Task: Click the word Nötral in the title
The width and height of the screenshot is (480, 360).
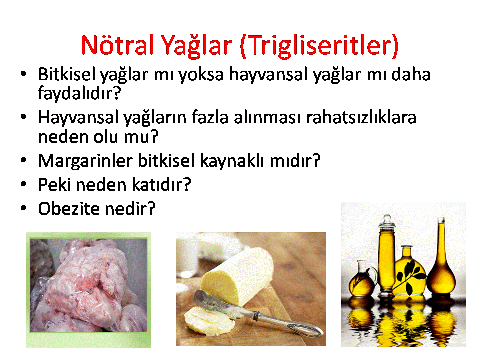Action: [118, 45]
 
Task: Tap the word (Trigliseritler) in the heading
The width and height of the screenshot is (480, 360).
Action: [319, 46]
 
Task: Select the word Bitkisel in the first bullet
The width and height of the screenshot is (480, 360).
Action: [66, 74]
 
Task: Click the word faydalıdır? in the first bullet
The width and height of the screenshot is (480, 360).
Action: [79, 93]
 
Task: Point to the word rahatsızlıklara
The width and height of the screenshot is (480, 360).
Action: [361, 117]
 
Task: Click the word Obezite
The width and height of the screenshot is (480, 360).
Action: [69, 209]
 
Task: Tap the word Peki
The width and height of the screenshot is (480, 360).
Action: [54, 184]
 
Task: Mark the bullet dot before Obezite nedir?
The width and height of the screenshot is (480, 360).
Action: [23, 208]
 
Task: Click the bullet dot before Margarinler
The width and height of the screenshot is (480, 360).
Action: [23, 160]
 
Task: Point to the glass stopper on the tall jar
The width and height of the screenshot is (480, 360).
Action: [387, 220]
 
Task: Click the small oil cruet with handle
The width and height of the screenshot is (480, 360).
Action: [362, 279]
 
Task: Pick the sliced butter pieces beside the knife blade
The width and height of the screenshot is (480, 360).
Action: [208, 320]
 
